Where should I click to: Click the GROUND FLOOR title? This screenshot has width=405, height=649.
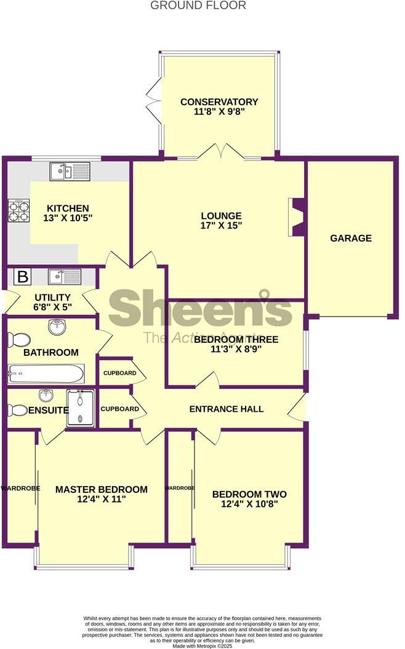click(x=198, y=6)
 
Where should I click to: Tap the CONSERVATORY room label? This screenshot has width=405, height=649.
click(x=219, y=102)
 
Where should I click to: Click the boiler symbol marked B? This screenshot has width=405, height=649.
click(x=22, y=277)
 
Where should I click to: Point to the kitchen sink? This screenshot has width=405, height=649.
click(x=70, y=171)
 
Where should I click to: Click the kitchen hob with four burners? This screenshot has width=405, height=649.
click(x=18, y=211)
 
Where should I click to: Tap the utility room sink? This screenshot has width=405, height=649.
click(x=65, y=277)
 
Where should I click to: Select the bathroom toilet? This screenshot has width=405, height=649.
click(x=19, y=339)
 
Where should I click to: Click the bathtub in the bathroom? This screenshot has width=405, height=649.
click(x=46, y=373)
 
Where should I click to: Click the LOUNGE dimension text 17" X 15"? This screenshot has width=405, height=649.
click(x=221, y=226)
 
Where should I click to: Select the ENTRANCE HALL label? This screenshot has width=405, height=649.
click(x=226, y=409)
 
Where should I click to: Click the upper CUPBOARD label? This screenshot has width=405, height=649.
click(x=120, y=373)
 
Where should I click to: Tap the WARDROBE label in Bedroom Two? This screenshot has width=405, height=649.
click(x=180, y=488)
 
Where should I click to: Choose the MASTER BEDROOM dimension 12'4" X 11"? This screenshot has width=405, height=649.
click(x=102, y=500)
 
